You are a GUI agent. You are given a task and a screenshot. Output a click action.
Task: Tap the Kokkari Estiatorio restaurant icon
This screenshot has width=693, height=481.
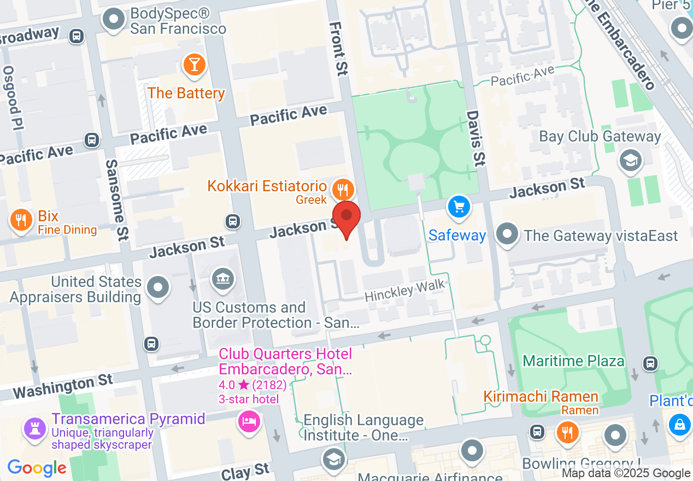tap(343, 190)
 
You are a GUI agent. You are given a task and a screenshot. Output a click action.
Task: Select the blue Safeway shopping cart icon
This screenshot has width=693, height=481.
tap(459, 207)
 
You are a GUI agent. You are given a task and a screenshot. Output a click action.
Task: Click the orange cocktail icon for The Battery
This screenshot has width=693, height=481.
tap(194, 64)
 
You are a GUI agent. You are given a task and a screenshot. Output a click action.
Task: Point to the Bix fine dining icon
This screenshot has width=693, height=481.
tap(21, 220)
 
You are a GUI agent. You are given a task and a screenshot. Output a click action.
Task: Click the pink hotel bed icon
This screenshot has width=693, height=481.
tap(248, 421)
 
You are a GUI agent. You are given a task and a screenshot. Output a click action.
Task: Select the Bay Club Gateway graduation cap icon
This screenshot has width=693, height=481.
tap(630, 160)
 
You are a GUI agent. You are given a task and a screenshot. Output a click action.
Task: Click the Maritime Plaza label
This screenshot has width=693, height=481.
tap(573, 361)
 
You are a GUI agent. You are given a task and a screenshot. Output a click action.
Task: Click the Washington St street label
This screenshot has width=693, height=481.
tap(63, 386)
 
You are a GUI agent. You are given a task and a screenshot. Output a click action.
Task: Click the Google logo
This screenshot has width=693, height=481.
tap(37, 468)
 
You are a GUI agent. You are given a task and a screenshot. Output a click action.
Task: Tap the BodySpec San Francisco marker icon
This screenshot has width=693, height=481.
tap(114, 19)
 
